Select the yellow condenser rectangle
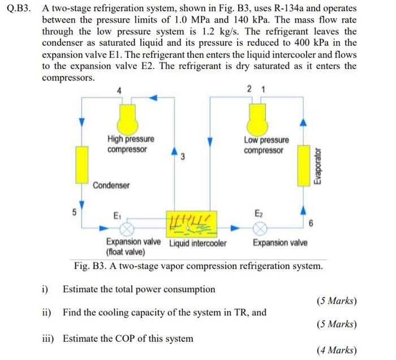coord(83,164)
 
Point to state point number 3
coord(183,157)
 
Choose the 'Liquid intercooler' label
coord(198,243)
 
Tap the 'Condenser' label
coord(111,185)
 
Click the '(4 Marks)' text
coord(336,350)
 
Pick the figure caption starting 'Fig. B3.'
coord(198,265)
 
